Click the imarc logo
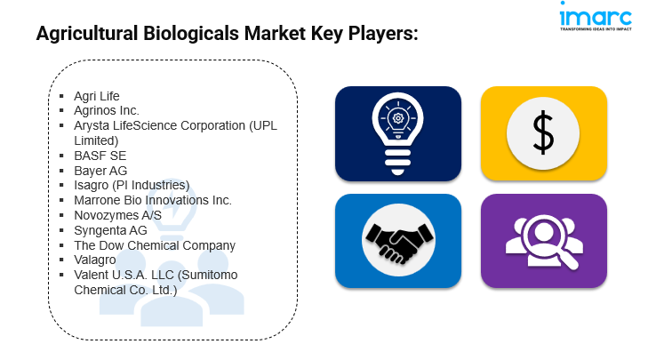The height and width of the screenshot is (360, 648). [x=596, y=17]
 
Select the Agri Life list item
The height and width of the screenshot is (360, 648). [x=97, y=96]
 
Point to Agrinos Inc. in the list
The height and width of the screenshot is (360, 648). [x=107, y=111]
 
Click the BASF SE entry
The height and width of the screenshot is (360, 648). [x=100, y=156]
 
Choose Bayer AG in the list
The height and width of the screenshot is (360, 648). [x=100, y=171]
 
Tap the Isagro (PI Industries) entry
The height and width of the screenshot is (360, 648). [x=132, y=185]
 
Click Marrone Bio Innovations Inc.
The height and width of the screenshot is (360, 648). [x=153, y=200]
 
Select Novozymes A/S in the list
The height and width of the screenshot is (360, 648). [x=118, y=215]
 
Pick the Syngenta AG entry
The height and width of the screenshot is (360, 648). [x=110, y=230]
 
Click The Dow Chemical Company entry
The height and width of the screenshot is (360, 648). [x=155, y=245]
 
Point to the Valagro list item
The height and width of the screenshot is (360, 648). [x=94, y=260]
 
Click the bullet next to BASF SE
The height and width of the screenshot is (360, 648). [x=61, y=156]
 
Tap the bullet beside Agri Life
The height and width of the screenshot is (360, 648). [x=61, y=96]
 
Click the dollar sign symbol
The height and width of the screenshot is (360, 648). [x=543, y=132]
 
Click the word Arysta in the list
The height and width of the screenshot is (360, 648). [x=92, y=126]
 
